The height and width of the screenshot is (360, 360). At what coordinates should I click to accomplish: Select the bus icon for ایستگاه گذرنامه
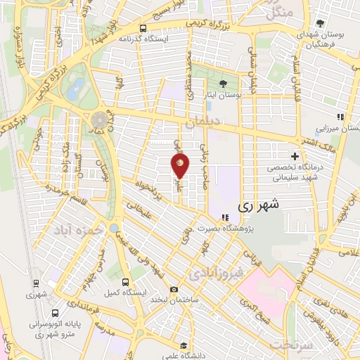[143, 29]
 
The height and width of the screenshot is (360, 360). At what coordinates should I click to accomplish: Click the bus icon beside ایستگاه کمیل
[124, 281]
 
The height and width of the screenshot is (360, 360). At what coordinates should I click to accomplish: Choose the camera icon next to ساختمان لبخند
[174, 289]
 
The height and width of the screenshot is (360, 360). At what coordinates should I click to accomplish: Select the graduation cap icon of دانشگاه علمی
[184, 345]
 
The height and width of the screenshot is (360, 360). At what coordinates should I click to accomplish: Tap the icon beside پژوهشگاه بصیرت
[224, 217]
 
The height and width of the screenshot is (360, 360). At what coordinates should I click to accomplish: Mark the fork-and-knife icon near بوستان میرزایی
[340, 117]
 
